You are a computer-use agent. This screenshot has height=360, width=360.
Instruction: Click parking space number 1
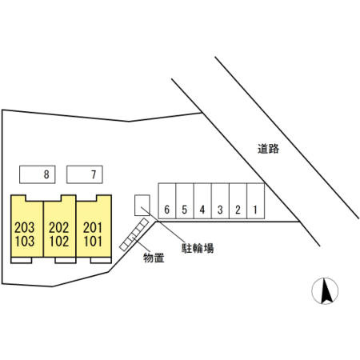point(256,201)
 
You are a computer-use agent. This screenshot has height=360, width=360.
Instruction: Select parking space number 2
point(238,201)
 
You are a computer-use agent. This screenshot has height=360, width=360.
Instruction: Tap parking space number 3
point(220,201)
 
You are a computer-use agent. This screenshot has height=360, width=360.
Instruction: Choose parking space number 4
point(202,201)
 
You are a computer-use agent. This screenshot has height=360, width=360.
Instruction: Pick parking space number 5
point(185,201)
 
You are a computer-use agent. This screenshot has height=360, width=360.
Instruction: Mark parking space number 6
point(167,201)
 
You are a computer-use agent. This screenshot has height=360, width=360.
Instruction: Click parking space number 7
point(85,174)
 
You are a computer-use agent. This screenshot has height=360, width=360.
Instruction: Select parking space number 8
point(38,174)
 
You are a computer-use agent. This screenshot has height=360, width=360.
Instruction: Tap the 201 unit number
point(93,228)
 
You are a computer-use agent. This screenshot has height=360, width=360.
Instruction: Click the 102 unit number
point(59,242)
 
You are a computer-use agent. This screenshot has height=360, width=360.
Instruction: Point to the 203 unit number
point(25,228)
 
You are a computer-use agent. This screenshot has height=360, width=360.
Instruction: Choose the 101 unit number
point(93,242)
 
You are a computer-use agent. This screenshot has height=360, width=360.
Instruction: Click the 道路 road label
point(268,149)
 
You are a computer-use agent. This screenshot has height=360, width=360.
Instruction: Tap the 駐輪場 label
point(198,248)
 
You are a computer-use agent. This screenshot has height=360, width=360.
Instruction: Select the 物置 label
point(154,258)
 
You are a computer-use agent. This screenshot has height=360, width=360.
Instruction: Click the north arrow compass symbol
point(325,290)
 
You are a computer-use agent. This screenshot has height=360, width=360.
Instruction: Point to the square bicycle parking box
point(142,205)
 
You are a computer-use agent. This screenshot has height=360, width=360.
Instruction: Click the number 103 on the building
point(25,242)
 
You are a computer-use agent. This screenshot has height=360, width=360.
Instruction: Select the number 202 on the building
point(59,228)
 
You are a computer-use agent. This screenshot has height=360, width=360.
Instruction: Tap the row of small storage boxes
point(134,234)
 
